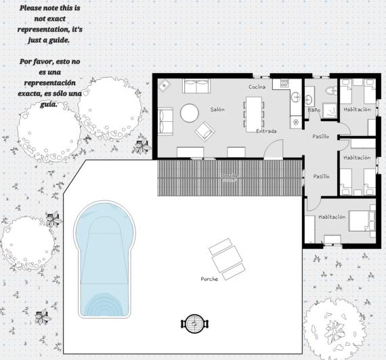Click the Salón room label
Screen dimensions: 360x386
point(217,109)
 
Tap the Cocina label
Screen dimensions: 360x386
point(257,87)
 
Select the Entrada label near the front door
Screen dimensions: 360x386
point(265,131)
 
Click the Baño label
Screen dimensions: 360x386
point(314,109)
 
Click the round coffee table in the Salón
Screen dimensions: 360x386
point(190,111)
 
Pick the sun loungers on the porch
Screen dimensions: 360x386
point(227,261)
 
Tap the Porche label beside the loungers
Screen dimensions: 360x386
point(210,279)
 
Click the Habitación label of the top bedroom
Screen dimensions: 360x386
point(356,109)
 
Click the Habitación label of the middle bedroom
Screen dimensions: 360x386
point(356,157)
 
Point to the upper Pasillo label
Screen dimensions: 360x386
point(320,136)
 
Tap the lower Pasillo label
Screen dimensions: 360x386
point(321,176)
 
